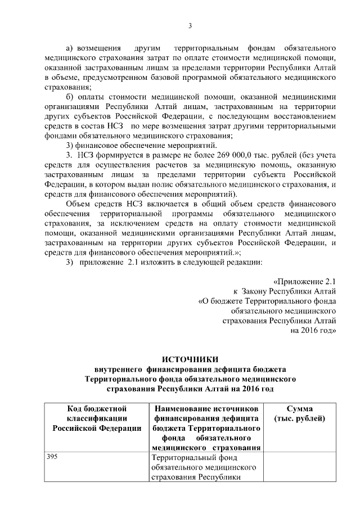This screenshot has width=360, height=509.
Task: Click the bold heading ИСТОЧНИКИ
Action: [x=189, y=359]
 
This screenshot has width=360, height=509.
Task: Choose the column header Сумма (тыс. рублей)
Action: [x=300, y=413]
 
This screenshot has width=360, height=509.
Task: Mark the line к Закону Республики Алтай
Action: [x=285, y=291]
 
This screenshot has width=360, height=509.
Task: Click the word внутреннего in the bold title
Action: [x=118, y=370]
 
